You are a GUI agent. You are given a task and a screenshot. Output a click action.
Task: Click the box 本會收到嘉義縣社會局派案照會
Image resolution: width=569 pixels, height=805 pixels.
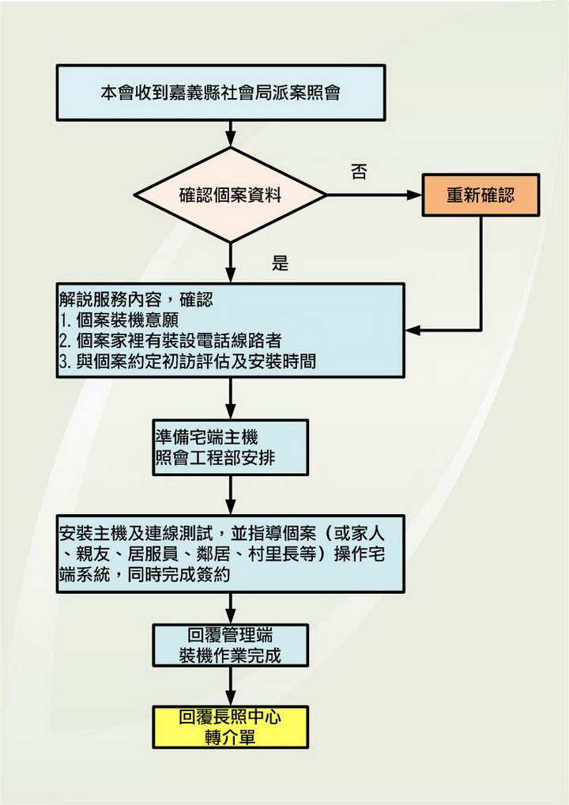[220, 93]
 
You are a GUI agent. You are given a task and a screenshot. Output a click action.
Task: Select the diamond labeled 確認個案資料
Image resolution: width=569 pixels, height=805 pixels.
[231, 195]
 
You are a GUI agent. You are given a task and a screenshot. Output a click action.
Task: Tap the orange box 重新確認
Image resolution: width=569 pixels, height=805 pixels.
[480, 195]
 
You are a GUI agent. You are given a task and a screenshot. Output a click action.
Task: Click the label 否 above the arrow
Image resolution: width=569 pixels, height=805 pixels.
[359, 172]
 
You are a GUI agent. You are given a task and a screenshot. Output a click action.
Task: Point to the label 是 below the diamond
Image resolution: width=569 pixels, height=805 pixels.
[280, 263]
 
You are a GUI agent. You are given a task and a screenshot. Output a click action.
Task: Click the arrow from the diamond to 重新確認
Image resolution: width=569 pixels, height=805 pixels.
[374, 195]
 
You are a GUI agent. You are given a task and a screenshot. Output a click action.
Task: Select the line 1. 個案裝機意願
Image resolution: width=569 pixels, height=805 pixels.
[119, 319]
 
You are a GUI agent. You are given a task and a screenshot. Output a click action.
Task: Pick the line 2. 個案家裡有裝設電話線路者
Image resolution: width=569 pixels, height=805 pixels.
[171, 340]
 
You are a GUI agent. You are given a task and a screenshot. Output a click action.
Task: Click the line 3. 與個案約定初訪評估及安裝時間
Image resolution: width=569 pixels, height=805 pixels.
[187, 361]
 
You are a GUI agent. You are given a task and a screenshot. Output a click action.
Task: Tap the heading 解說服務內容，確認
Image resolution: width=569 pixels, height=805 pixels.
[136, 300]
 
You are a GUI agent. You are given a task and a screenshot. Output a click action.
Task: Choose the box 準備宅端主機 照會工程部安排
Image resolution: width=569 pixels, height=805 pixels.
[231, 447]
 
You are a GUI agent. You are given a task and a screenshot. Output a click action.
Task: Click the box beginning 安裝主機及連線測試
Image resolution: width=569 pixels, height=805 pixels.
[231, 554]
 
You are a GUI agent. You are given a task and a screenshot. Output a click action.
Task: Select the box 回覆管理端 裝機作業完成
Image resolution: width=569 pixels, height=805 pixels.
[231, 645]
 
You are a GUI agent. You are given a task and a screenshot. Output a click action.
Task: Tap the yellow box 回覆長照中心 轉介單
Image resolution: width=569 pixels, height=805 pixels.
[231, 727]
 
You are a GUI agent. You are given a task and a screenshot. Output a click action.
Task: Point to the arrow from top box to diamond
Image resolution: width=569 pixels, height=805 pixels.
[231, 134]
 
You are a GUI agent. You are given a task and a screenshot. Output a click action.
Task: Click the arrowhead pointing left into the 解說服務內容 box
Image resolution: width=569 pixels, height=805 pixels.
[413, 330]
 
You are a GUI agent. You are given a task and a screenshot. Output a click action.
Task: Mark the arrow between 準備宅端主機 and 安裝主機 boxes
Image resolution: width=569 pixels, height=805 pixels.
[231, 496]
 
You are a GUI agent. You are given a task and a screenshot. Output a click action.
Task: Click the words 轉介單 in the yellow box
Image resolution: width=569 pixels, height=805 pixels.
[231, 738]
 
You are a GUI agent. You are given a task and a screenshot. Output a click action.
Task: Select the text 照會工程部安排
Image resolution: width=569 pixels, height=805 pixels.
[216, 457]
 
